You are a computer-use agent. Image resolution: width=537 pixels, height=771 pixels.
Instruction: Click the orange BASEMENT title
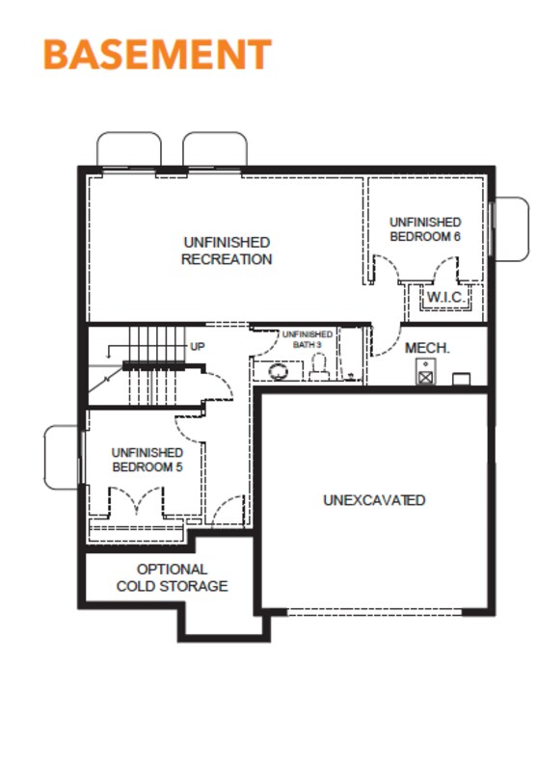click(x=157, y=54)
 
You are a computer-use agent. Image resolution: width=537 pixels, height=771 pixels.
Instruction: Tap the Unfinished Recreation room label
click(x=227, y=251)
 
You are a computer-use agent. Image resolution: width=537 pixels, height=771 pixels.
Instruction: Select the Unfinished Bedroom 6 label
click(x=425, y=229)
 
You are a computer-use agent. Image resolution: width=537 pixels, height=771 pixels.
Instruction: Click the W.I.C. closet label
click(x=445, y=297)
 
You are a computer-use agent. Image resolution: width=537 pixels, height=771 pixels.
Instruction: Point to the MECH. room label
click(x=427, y=348)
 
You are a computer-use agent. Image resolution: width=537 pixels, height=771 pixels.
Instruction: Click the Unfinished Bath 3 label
click(x=308, y=339)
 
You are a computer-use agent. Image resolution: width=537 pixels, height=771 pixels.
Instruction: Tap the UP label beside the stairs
click(x=198, y=347)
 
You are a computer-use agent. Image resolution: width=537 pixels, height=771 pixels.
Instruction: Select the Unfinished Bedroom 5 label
click(x=148, y=460)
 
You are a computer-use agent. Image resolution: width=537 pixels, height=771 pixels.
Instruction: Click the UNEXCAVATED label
click(x=374, y=500)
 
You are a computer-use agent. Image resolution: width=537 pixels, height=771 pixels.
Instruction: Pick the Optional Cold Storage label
click(x=173, y=577)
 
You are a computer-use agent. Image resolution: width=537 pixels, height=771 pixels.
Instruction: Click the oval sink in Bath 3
click(x=279, y=371)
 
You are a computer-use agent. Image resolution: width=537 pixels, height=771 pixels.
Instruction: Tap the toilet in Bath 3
click(x=319, y=368)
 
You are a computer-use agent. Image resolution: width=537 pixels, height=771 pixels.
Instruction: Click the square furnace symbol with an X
click(x=425, y=377)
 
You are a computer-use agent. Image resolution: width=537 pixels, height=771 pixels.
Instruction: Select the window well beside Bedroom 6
click(x=512, y=229)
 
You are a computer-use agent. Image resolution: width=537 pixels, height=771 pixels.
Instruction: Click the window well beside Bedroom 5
click(x=61, y=457)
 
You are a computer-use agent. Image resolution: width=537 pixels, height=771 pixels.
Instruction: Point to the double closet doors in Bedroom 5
click(x=136, y=500)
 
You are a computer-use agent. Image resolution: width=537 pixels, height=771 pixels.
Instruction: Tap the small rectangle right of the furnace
click(x=461, y=379)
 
